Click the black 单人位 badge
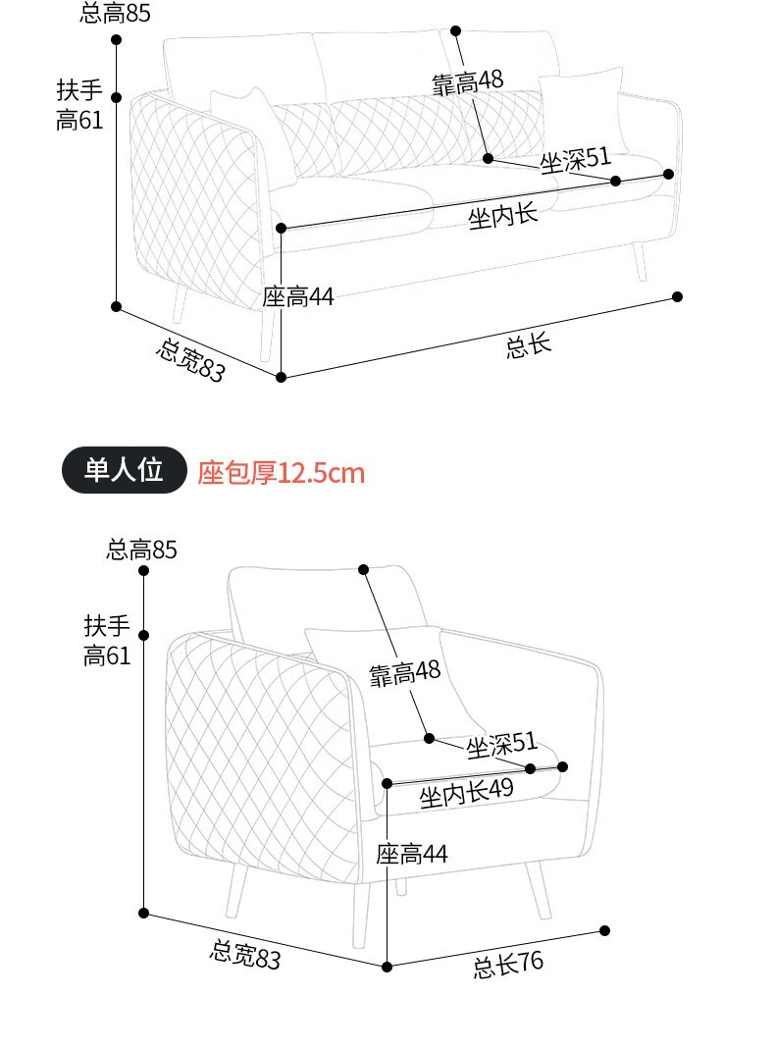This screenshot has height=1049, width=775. (124, 471)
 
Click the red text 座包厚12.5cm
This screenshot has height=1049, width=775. (282, 474)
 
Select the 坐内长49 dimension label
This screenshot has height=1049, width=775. (466, 794)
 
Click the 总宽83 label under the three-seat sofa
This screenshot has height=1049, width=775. (190, 359)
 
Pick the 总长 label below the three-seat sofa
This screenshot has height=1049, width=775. (529, 344)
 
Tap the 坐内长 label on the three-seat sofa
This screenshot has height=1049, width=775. (503, 216)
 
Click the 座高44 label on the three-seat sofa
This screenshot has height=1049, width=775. (298, 296)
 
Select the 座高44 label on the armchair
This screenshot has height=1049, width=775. (412, 855)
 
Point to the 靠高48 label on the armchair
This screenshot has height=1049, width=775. (405, 673)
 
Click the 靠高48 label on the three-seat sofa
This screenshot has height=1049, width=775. (468, 82)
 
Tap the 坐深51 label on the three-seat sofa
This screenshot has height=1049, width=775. (575, 159)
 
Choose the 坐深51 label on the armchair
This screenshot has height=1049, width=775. (501, 745)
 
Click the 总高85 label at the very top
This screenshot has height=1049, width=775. (116, 13)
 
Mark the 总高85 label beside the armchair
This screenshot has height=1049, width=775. (142, 550)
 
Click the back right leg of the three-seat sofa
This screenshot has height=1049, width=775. (642, 260)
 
